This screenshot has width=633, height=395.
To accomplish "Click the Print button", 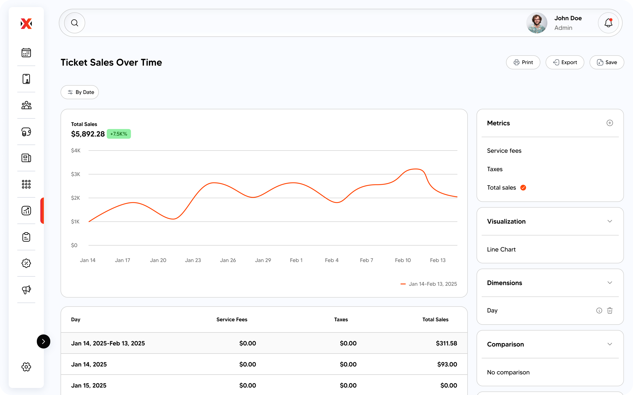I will tap(523, 62).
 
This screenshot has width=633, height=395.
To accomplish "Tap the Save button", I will tap(607, 62).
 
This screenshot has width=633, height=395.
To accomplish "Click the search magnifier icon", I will tap(75, 23).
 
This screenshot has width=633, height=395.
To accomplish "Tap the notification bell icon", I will tap(608, 23).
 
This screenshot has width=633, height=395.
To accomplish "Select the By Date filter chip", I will tap(80, 92).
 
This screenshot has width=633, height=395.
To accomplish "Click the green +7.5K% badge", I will tap(119, 134).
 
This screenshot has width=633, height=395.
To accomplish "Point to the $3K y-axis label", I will tap(76, 174).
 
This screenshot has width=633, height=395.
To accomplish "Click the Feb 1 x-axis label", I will tap(296, 260).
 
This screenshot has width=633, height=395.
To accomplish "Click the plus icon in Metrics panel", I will tap(609, 123).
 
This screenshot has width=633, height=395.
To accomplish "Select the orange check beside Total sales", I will tap(523, 187).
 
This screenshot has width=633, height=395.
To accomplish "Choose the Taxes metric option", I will tap(495, 169).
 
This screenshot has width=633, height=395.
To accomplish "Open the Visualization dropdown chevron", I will tap(609, 221).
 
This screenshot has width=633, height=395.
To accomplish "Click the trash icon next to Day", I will tap(609, 311).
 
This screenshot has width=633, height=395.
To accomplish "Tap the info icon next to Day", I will tap(599, 311).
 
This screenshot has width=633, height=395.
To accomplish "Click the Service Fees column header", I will tap(232, 320).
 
